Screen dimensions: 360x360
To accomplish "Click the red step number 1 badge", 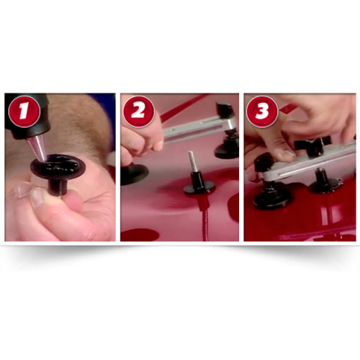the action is tap(24, 111).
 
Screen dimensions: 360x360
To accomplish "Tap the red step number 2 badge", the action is tap(139, 112).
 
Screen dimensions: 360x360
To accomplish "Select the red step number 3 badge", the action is tap(262, 112).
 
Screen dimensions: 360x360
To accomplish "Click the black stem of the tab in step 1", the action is tap(58, 187).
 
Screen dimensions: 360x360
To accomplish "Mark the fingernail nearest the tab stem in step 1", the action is tap(37, 197).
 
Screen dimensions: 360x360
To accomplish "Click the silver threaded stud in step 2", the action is tap(192, 161).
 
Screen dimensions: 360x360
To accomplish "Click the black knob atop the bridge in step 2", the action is tap(225, 109).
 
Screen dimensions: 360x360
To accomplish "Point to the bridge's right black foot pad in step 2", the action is tap(228, 149).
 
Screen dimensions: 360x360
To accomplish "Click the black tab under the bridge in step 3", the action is tap(325, 182).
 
